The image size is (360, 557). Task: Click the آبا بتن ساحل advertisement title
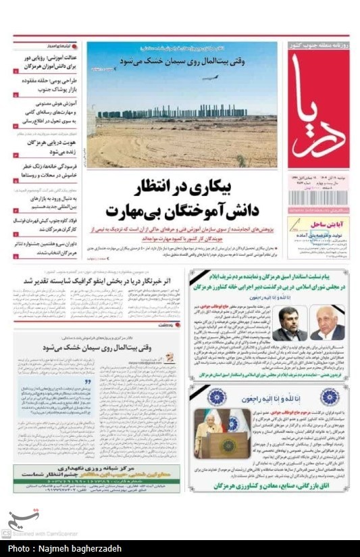click(321, 222)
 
